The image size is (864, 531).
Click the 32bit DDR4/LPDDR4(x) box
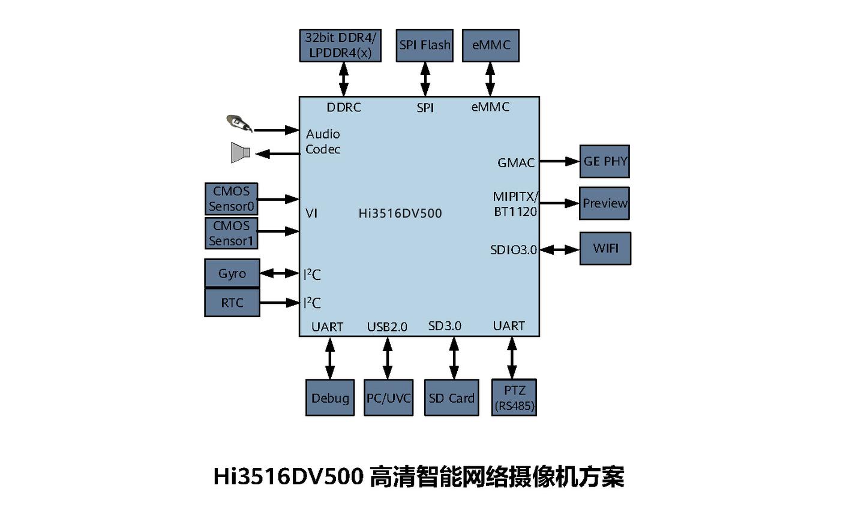tap(340, 46)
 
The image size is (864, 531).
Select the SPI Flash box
tap(424, 46)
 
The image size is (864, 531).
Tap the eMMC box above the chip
tap(490, 46)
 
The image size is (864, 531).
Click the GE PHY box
tap(604, 161)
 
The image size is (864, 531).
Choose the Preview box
tap(604, 203)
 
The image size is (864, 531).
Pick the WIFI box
tap(605, 248)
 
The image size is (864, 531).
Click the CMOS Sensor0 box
tap(232, 199)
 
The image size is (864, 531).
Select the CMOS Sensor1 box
tap(232, 233)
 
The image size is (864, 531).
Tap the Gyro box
tap(232, 274)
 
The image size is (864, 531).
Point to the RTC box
tap(232, 303)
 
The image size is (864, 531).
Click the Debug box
tap(330, 398)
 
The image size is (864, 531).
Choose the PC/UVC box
tap(388, 398)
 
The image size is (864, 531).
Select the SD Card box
tap(451, 398)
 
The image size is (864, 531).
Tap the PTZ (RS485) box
tap(514, 398)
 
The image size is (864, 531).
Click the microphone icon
tap(239, 123)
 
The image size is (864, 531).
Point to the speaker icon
tap(240, 153)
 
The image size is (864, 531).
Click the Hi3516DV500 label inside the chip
tap(400, 213)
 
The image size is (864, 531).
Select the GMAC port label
tap(515, 163)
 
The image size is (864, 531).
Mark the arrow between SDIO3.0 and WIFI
tap(559, 249)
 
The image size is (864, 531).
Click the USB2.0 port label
tap(387, 327)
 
